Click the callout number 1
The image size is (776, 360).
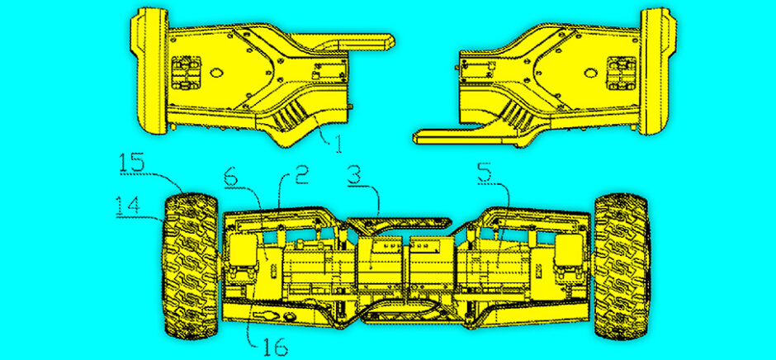tap(338, 143)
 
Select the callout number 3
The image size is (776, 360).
tap(359, 177)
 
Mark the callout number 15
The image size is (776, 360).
tap(131, 163)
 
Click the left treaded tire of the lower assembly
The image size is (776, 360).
tap(191, 266)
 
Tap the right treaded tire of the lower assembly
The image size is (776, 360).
tap(621, 266)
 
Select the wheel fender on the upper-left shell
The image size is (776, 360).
tap(149, 71)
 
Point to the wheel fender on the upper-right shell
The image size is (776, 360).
tap(657, 71)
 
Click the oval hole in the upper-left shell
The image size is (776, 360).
tap(216, 73)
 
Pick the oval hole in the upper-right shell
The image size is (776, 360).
tap(590, 73)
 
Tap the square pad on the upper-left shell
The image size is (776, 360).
tap(186, 73)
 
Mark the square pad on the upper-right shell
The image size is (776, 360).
tap(621, 73)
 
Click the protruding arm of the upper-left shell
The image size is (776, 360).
tap(354, 41)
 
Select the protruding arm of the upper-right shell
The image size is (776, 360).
tap(453, 136)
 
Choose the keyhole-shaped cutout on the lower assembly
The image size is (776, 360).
tap(264, 315)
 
